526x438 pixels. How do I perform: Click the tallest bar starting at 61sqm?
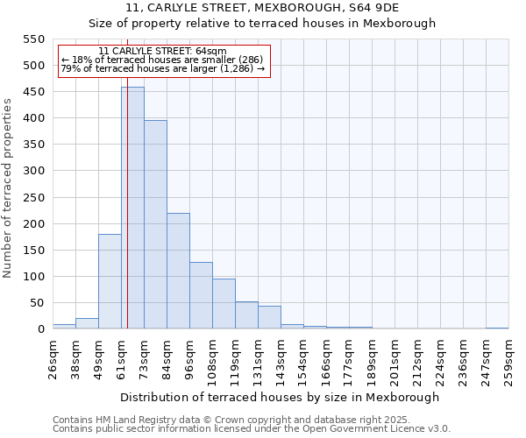[132, 208]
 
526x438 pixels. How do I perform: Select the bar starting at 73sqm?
[155, 224]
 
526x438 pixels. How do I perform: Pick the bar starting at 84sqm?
[178, 271]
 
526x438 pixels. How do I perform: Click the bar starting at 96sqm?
[201, 295]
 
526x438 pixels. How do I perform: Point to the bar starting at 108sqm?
[224, 303]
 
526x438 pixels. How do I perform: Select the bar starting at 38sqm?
[87, 323]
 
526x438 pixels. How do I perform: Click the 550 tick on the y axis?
[33, 39]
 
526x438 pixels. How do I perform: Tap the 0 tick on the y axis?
[40, 329]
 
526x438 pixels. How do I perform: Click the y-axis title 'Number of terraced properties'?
[8, 188]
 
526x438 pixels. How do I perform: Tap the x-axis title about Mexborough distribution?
[280, 397]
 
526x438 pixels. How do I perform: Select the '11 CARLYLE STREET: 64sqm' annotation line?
[162, 52]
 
